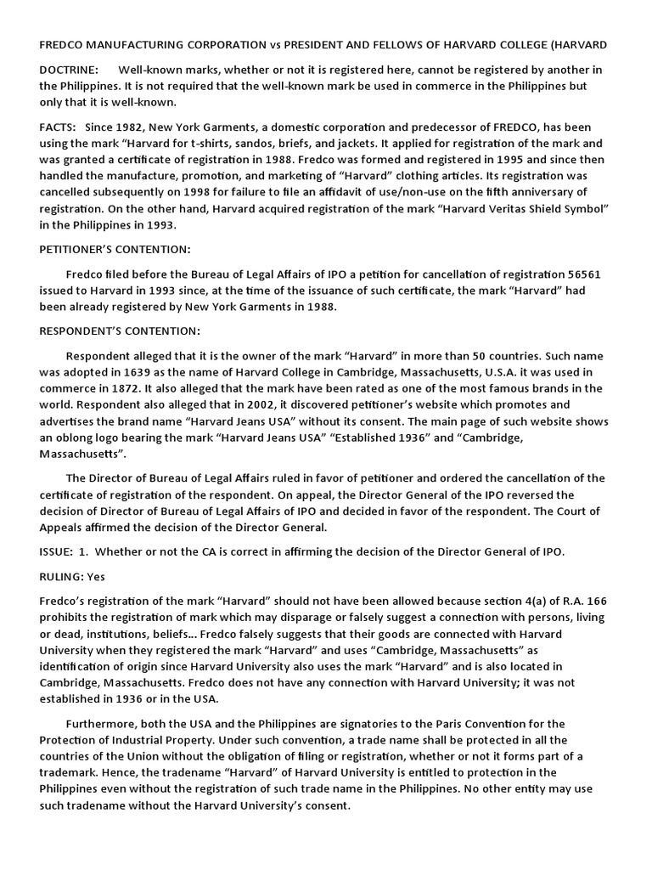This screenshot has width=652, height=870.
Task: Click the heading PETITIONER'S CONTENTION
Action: [115, 250]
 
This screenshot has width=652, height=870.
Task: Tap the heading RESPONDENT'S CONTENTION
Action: [120, 330]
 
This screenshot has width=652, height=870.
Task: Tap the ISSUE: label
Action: [56, 551]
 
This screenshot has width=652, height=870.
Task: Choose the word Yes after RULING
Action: [95, 576]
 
